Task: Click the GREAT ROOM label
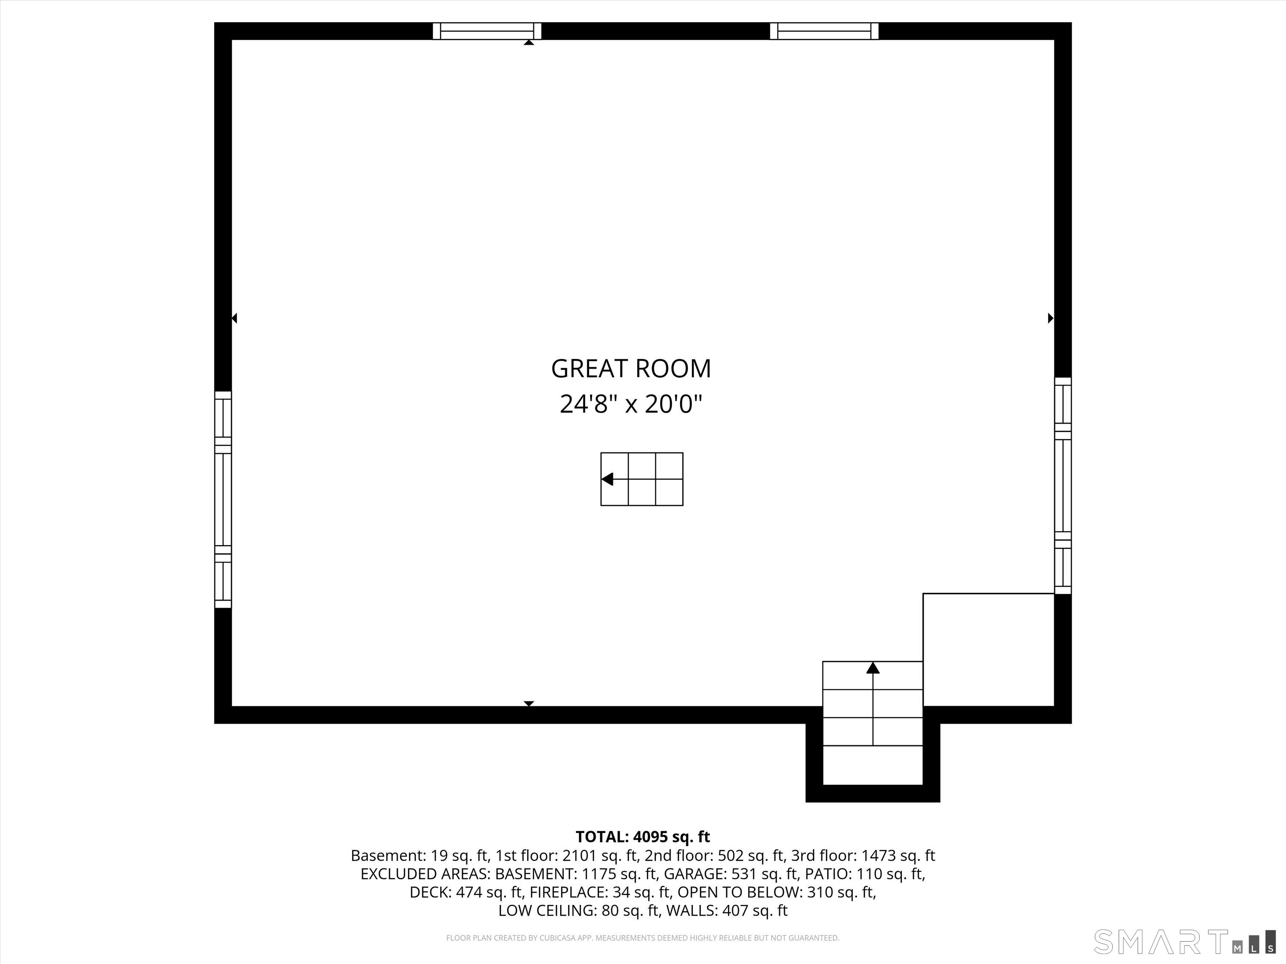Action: [x=631, y=369]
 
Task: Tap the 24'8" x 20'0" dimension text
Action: [x=631, y=404]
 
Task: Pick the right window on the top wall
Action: [x=824, y=31]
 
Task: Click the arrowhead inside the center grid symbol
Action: [x=607, y=479]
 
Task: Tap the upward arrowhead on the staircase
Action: [x=873, y=668]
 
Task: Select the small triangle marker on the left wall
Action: [x=234, y=318]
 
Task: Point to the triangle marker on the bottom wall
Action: [x=529, y=704]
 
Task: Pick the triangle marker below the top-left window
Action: [x=529, y=42]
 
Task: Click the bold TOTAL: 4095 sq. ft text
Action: [x=643, y=837]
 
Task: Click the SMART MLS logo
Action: [x=1184, y=942]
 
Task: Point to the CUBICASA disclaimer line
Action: [x=643, y=938]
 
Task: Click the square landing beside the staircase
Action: [x=989, y=650]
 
